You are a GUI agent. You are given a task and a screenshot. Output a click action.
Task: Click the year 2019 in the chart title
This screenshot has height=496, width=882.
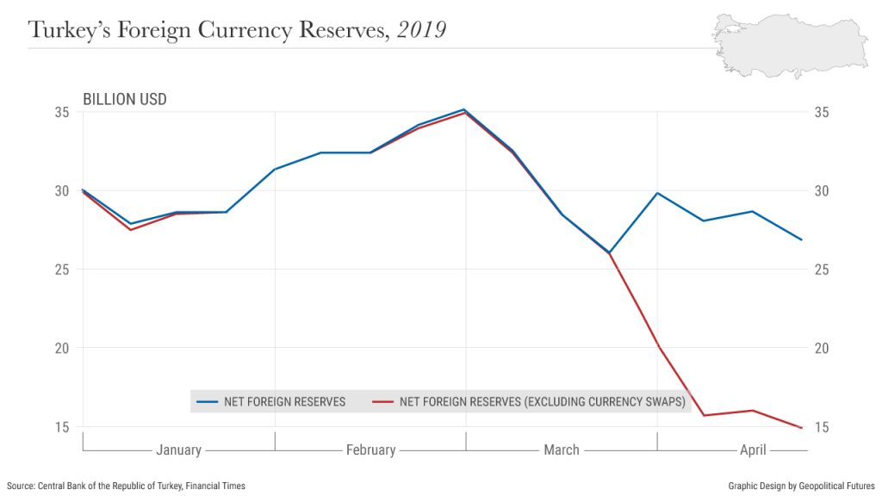click(422, 30)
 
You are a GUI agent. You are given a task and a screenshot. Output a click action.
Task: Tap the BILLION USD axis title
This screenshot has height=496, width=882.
click(124, 99)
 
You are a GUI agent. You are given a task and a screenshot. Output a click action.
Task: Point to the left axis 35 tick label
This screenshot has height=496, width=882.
click(63, 112)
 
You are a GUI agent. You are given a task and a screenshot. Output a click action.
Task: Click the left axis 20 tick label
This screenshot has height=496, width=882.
click(63, 348)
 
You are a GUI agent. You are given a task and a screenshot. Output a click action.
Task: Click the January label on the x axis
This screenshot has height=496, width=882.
click(178, 449)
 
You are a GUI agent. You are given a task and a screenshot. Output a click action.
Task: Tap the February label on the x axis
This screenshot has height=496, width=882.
click(370, 449)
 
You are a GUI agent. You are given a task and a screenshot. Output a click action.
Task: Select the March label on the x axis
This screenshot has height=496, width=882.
click(562, 449)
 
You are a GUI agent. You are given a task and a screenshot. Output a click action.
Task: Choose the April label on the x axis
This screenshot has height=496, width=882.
click(753, 449)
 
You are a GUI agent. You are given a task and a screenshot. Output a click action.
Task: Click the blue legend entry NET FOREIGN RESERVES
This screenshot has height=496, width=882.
click(271, 401)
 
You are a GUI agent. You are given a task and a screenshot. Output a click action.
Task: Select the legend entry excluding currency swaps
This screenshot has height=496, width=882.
click(530, 401)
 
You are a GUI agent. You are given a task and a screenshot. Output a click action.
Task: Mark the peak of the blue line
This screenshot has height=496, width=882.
click(465, 109)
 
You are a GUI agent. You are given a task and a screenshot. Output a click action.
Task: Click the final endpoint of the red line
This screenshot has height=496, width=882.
click(801, 428)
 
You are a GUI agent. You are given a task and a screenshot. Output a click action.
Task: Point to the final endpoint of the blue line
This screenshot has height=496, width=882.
click(801, 239)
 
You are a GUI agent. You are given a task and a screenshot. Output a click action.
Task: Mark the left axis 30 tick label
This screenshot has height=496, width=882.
click(63, 190)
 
